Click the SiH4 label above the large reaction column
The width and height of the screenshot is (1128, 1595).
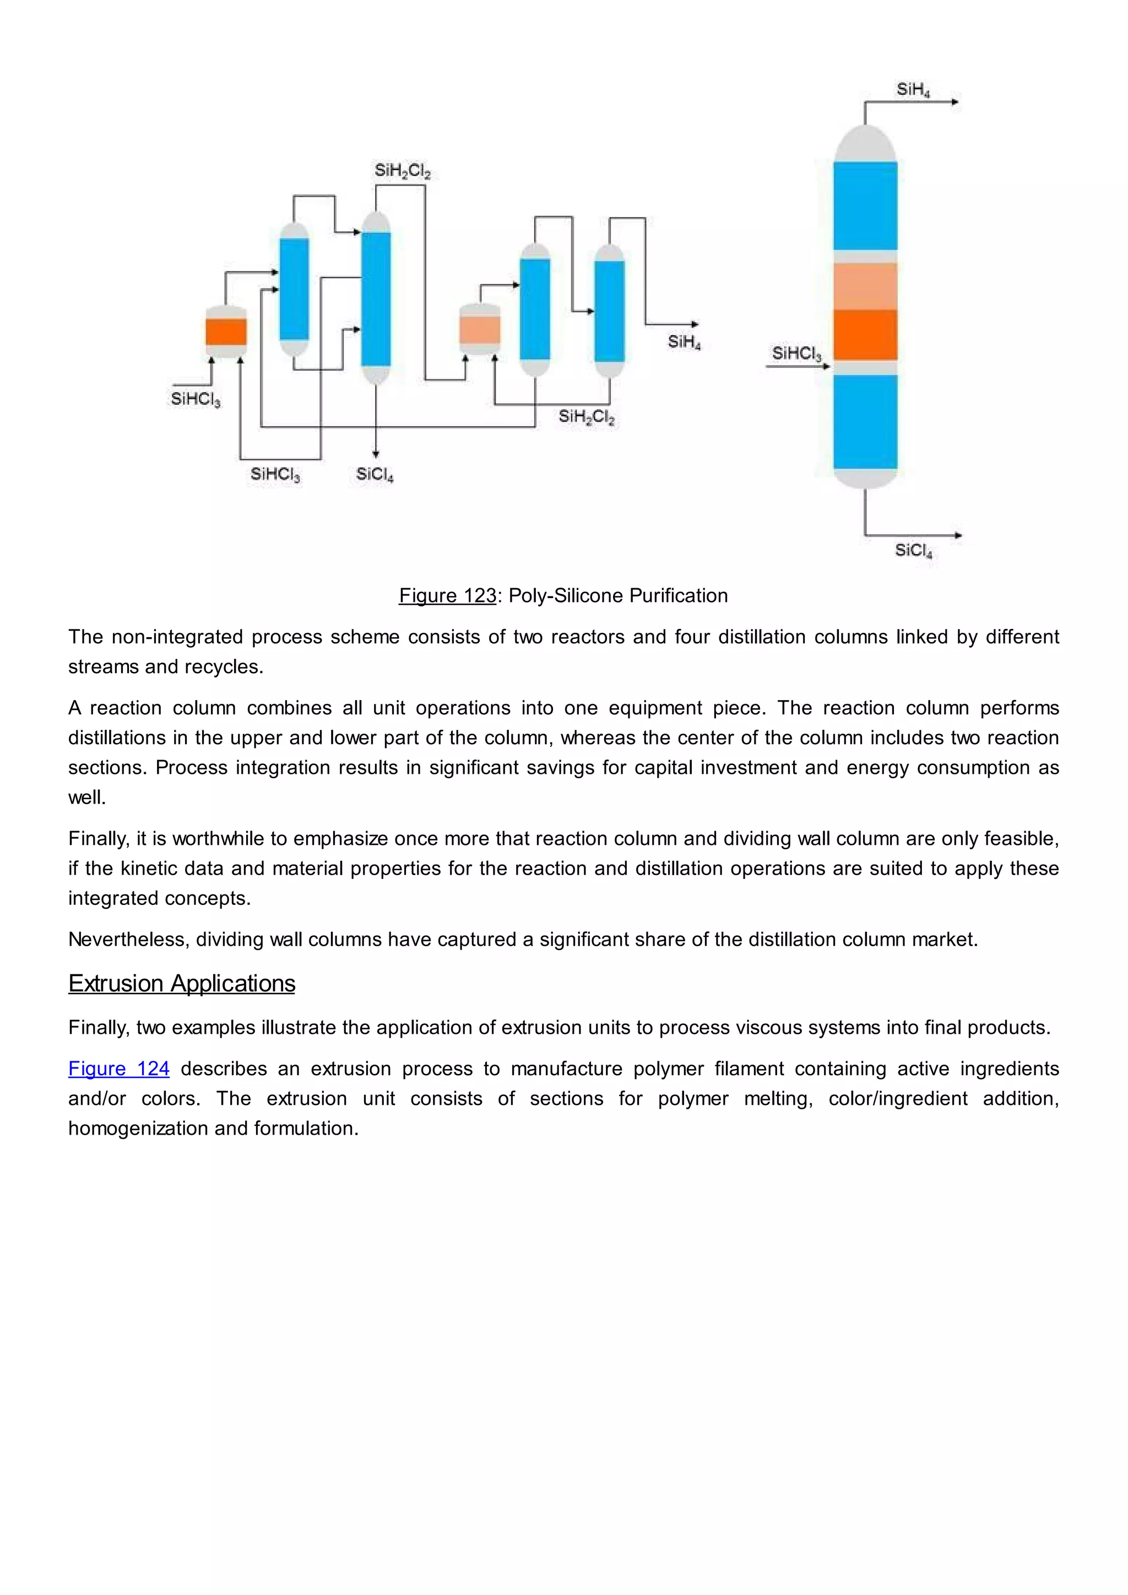[912, 90]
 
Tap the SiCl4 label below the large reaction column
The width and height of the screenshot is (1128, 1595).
[913, 551]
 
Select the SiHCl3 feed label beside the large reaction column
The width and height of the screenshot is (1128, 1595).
[796, 354]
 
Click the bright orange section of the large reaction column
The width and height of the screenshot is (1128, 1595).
[865, 335]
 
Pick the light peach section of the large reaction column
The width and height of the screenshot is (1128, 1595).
[865, 286]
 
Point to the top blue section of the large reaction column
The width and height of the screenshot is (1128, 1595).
[865, 205]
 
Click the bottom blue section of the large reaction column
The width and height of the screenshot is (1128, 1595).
[865, 422]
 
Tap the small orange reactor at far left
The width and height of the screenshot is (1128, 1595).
[226, 332]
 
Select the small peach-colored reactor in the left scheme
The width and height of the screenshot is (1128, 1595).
[479, 330]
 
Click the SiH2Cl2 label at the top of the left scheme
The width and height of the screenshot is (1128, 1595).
[402, 171]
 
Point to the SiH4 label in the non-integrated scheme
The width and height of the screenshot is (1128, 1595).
[684, 342]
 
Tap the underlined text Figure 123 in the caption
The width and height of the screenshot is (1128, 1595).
[447, 596]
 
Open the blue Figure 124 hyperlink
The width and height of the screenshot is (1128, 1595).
[119, 1068]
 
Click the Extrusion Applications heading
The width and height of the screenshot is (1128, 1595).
[181, 984]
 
